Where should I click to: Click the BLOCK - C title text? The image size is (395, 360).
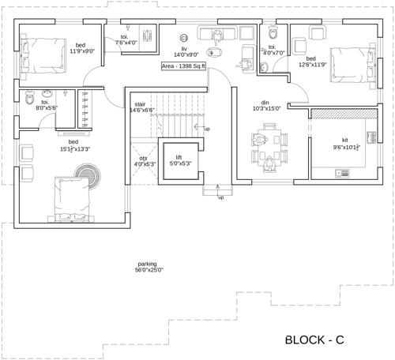click(x=314, y=340)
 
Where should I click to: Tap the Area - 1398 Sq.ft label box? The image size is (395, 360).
click(x=183, y=66)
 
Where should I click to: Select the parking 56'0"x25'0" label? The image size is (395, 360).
click(x=149, y=267)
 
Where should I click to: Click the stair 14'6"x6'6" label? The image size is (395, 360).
click(x=141, y=107)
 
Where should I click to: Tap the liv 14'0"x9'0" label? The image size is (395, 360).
click(x=183, y=51)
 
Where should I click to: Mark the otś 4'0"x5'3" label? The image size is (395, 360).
click(x=144, y=161)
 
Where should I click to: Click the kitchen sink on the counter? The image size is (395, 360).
click(x=343, y=173)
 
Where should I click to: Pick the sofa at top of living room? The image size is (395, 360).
click(x=218, y=34)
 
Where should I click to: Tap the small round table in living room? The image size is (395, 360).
click(x=183, y=37)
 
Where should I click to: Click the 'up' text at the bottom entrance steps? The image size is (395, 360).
click(x=220, y=197)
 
